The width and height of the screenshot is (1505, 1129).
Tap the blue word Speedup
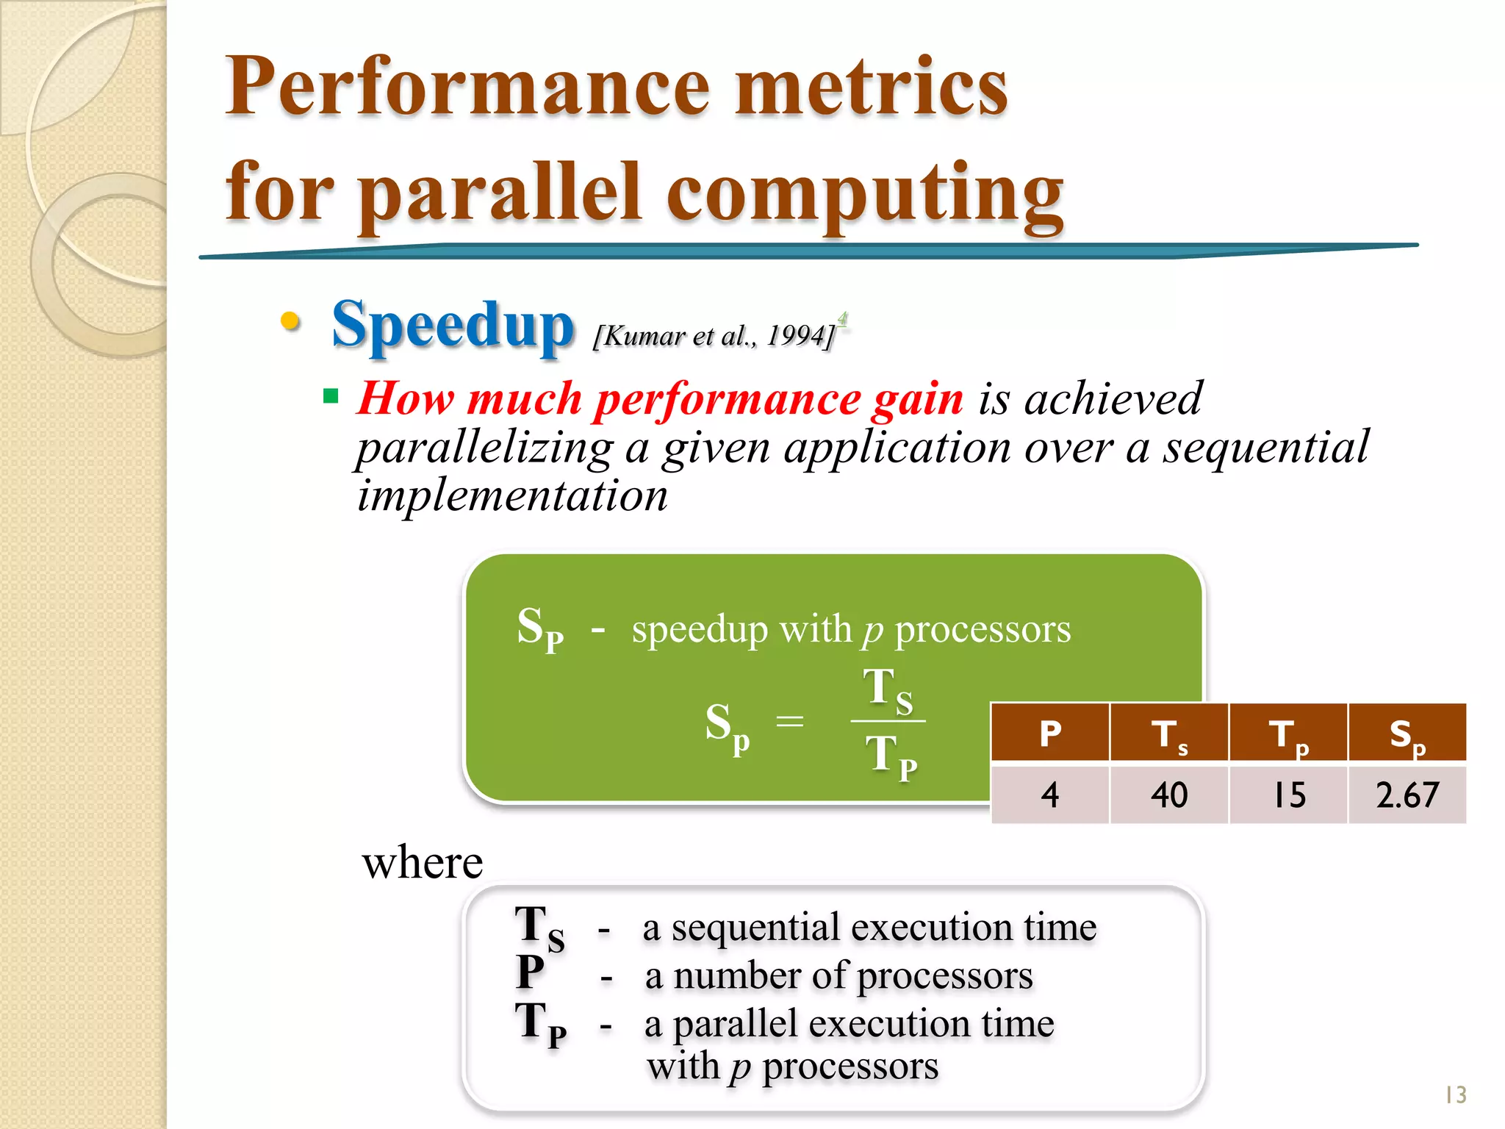(452, 326)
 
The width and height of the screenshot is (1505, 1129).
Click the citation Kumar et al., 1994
(714, 336)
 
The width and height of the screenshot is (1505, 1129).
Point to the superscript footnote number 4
(842, 318)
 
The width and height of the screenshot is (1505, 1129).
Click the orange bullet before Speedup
(290, 321)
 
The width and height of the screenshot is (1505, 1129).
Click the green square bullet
(331, 397)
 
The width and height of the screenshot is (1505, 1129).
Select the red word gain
(917, 399)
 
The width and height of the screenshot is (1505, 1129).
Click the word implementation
(512, 495)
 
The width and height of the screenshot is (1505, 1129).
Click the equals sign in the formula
(790, 721)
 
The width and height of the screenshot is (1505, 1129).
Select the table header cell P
(1050, 733)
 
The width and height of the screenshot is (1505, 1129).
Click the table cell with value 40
(1169, 795)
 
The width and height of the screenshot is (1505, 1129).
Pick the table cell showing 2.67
(1407, 795)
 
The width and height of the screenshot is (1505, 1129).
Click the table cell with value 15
(1288, 795)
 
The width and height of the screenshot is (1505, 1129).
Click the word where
(423, 862)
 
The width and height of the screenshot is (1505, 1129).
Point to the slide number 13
(1455, 1095)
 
